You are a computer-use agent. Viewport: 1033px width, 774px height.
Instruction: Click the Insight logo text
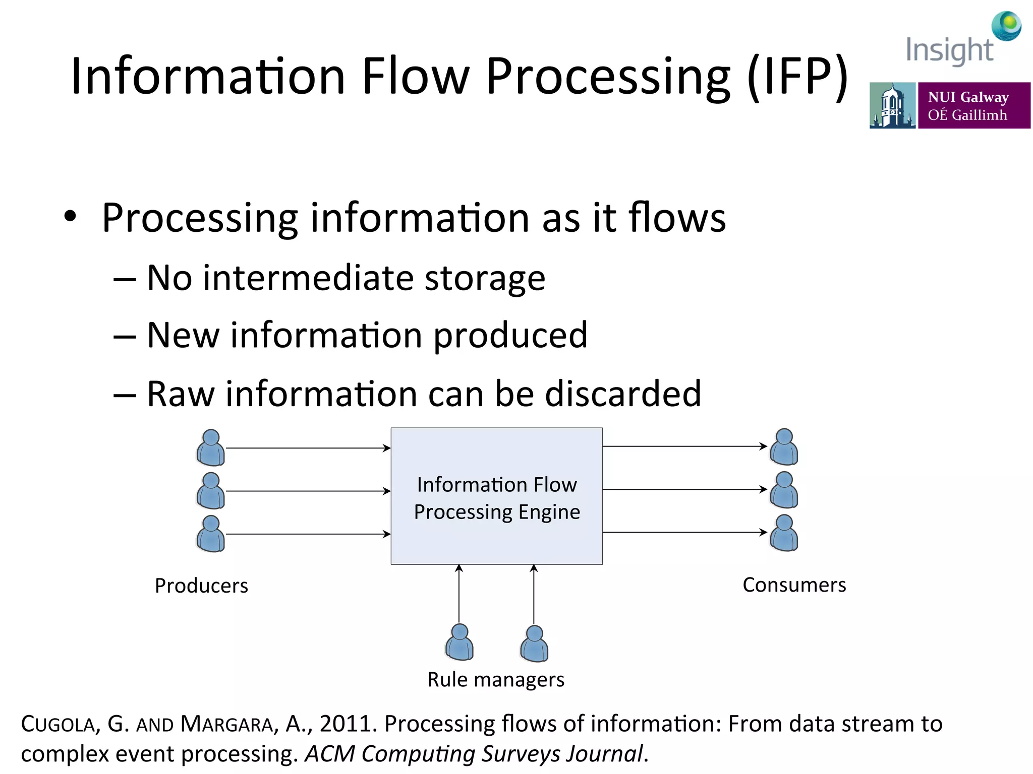949,50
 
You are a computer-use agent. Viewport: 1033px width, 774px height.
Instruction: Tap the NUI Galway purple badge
973,105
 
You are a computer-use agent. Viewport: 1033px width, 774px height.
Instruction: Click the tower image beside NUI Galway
892,105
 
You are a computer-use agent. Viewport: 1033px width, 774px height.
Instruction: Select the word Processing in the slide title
608,77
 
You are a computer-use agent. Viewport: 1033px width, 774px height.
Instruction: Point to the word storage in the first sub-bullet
485,278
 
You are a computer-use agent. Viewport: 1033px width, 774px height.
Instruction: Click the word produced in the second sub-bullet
510,336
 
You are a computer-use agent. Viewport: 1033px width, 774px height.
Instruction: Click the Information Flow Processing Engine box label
497,498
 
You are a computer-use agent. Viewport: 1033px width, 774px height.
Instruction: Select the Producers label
201,586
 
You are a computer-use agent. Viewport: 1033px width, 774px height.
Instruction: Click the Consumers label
794,585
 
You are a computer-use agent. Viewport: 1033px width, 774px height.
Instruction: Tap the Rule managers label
496,679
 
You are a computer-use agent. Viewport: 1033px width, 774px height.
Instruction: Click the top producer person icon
211,447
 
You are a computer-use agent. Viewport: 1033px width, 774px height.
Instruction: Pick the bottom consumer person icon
784,533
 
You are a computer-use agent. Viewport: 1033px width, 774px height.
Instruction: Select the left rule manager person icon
460,642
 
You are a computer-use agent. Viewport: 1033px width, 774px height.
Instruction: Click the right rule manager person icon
534,643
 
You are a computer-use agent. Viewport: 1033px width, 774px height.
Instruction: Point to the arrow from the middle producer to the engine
308,491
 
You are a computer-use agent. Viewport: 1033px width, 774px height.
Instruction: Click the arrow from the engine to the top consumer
684,446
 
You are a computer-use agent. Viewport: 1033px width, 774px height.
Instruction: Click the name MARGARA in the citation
226,724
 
